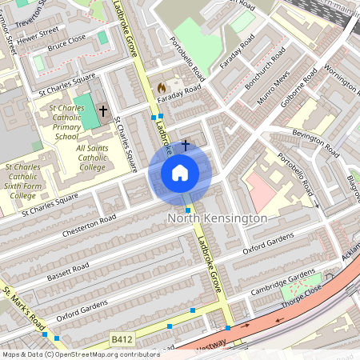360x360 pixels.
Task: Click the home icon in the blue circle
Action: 180,173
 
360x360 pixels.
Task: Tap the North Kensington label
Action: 217,218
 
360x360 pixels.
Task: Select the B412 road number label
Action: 122,339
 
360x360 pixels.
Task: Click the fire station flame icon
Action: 161,87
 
